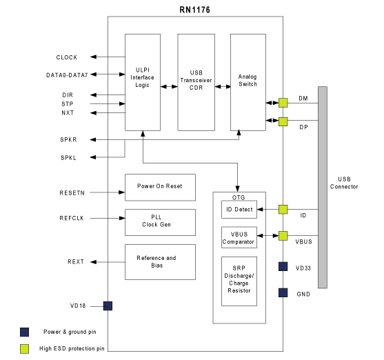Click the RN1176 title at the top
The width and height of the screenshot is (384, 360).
click(194, 10)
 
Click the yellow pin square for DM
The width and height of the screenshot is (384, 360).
click(283, 103)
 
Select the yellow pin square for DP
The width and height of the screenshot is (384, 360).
click(283, 122)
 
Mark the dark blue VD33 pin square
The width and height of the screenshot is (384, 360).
click(283, 266)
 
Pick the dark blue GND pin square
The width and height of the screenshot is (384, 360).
click(283, 292)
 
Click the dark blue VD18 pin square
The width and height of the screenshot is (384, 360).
click(108, 306)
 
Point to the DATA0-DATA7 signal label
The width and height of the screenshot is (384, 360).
click(67, 75)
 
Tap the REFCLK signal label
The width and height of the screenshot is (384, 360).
click(72, 218)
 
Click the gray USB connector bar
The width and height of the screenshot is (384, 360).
click(323, 187)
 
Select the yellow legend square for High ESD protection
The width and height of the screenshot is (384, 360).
click(25, 349)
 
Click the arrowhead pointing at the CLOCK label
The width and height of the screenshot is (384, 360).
click(93, 57)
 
